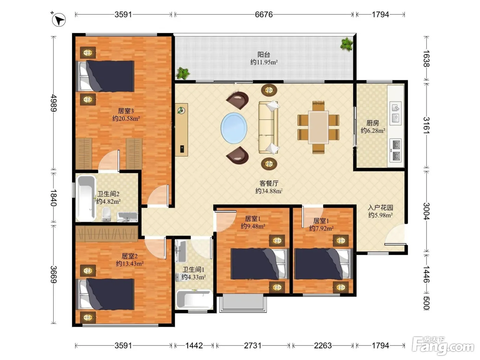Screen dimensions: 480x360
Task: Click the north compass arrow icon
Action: tap(58, 20)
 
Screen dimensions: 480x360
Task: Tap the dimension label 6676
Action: tap(264, 15)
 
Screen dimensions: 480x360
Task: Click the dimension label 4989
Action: tap(54, 103)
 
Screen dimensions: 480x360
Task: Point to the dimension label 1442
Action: tap(194, 346)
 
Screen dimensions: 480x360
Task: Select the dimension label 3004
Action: tap(427, 211)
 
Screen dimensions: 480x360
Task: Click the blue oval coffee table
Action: tap(234, 128)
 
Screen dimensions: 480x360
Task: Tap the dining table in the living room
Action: tap(319, 127)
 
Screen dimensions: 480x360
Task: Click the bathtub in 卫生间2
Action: tap(86, 198)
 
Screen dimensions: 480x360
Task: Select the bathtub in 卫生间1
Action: tap(194, 299)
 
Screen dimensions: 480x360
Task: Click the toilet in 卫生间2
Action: tap(107, 214)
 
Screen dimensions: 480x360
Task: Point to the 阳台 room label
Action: tap(264, 54)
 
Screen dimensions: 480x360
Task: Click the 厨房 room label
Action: tap(373, 123)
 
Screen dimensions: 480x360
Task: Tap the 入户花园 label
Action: tap(380, 207)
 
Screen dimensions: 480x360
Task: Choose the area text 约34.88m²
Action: tap(269, 191)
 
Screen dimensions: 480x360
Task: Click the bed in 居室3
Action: tap(105, 76)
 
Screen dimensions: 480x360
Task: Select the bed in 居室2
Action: tap(105, 294)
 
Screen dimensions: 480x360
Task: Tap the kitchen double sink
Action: tap(396, 113)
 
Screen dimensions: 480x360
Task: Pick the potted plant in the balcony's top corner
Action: tap(346, 44)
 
